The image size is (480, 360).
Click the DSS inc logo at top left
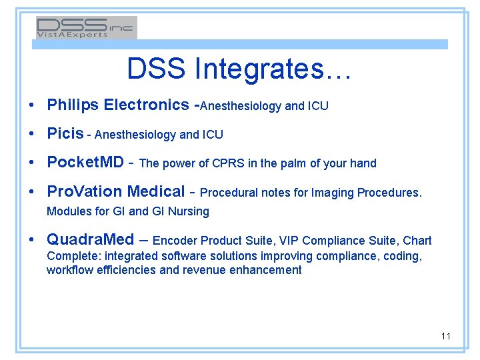tap(86, 27)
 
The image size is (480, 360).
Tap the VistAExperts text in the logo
tap(72, 35)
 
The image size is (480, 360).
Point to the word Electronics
tap(147, 105)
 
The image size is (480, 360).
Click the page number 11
tap(445, 336)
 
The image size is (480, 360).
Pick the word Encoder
tap(175, 241)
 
